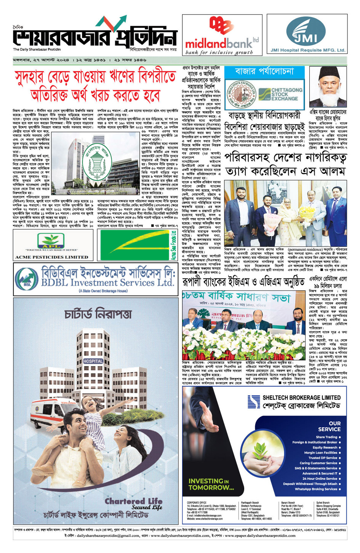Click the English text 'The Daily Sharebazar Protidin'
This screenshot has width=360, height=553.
(x=37, y=50)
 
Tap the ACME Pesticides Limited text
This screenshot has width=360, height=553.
(x=51, y=257)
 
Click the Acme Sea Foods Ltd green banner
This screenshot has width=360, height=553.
(x=138, y=245)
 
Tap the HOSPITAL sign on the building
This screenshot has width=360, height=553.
(x=93, y=361)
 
